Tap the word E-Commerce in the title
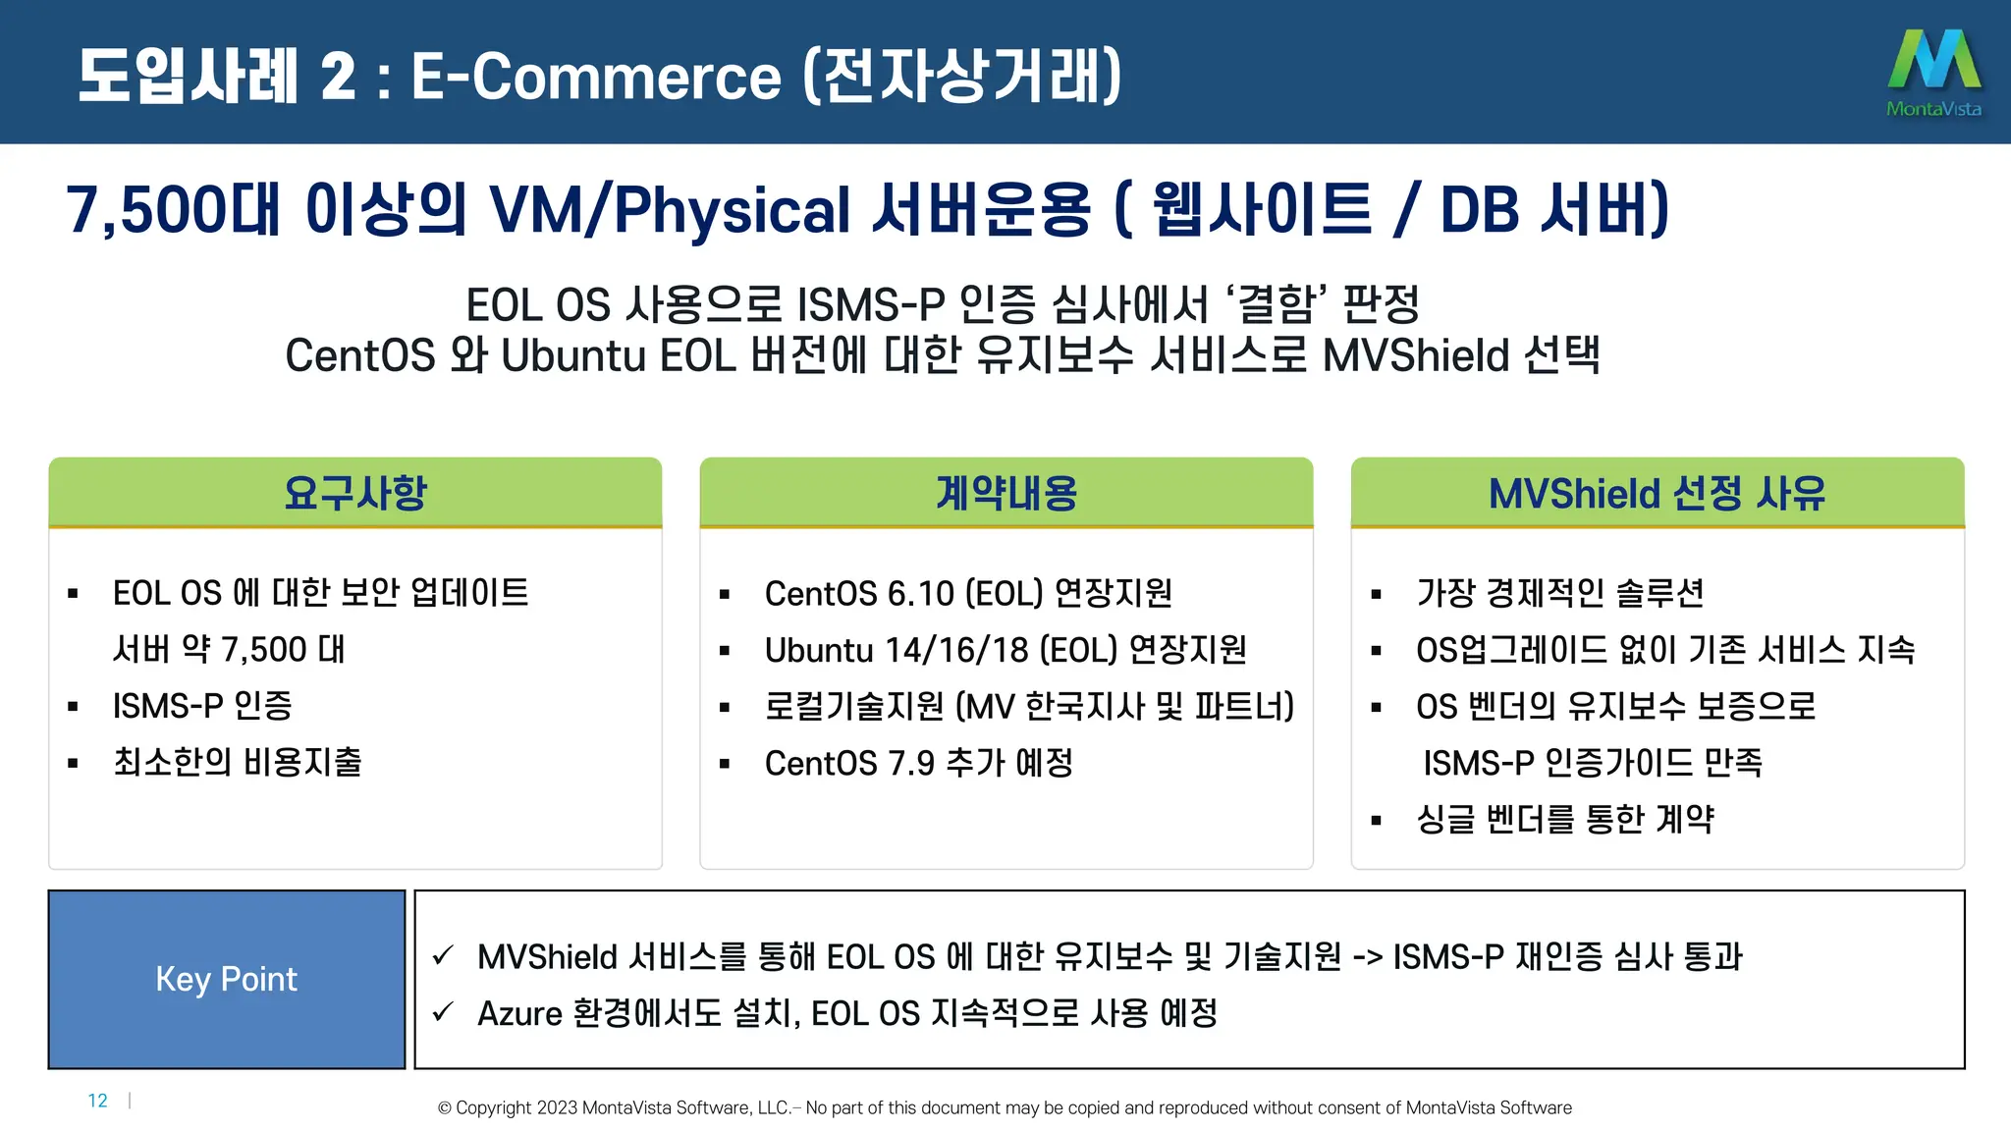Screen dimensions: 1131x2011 tap(596, 77)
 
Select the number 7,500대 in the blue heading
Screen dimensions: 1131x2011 tap(173, 209)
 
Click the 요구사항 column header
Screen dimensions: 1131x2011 tap(355, 493)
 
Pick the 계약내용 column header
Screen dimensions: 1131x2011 tap(1006, 493)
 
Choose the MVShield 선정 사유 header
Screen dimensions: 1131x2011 tap(1658, 493)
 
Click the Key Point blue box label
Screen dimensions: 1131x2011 tap(226, 979)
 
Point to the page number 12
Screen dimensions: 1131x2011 tap(97, 1101)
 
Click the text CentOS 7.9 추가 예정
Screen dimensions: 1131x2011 tap(918, 763)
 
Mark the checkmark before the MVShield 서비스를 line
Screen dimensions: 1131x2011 tap(444, 955)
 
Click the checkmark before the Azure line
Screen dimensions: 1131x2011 tap(444, 1011)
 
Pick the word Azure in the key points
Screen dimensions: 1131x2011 tap(519, 1013)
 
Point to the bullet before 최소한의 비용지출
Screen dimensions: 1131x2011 tap(73, 763)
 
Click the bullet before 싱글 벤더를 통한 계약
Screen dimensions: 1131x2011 tap(1377, 820)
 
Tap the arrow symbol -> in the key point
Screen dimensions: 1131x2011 tap(1368, 957)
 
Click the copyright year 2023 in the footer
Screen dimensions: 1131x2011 tap(557, 1107)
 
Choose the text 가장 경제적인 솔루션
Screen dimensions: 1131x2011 tap(1559, 594)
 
